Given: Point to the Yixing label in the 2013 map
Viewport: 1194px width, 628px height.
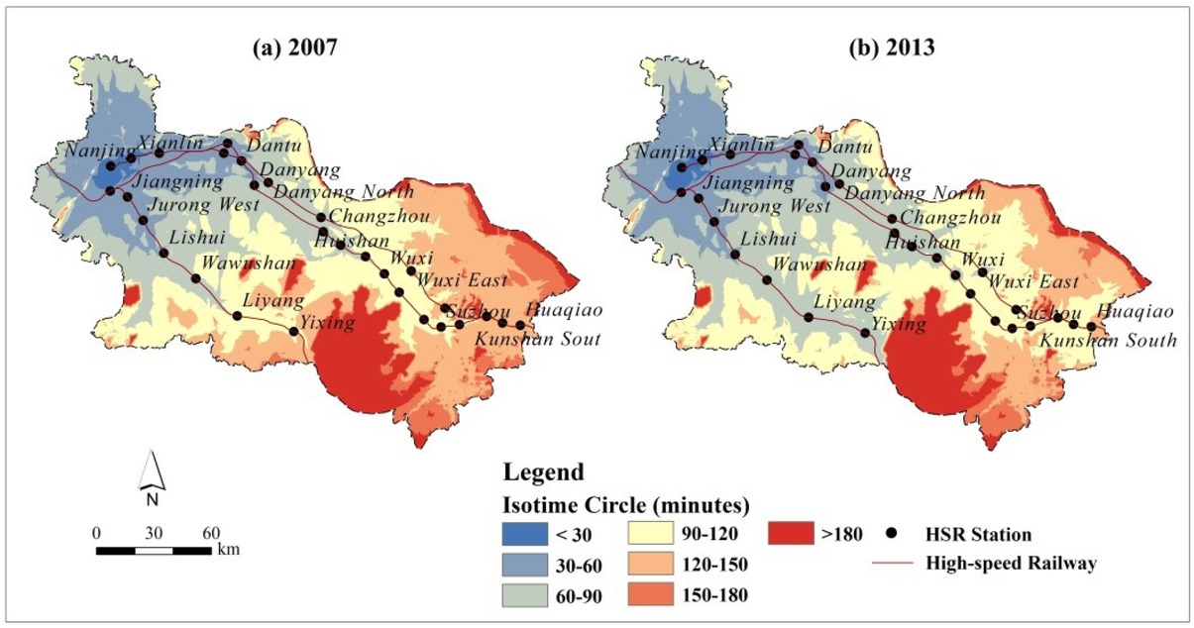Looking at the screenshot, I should pos(898,324).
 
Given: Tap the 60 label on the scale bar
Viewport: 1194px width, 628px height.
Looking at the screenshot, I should pos(210,532).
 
